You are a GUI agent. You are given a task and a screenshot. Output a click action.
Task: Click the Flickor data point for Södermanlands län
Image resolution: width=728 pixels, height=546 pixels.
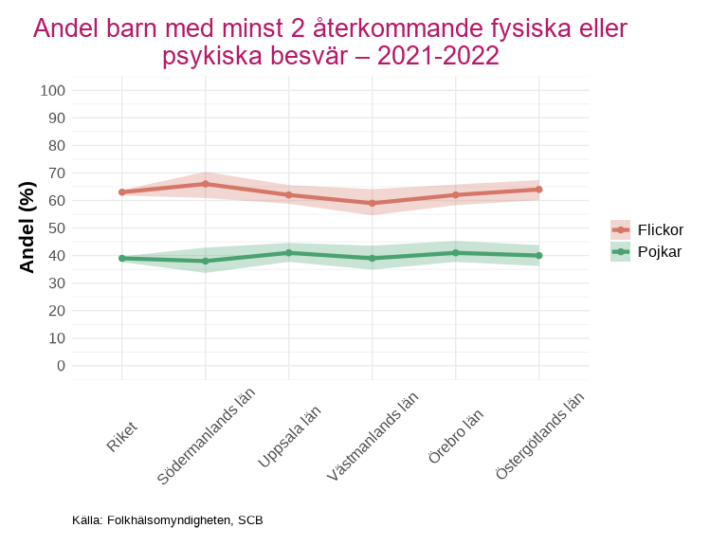[x=206, y=184]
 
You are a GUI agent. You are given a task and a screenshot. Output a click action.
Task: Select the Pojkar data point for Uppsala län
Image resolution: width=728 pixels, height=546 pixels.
[x=289, y=253]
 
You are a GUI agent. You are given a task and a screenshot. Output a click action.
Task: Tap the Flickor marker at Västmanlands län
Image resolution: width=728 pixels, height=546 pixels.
[x=373, y=203]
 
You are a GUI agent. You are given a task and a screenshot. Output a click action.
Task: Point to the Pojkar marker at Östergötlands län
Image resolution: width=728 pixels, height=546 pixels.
[x=539, y=255]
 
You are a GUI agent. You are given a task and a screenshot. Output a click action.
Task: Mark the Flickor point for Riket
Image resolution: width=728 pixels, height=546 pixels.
[x=122, y=192]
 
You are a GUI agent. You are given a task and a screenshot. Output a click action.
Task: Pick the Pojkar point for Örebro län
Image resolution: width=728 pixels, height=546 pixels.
[x=456, y=253]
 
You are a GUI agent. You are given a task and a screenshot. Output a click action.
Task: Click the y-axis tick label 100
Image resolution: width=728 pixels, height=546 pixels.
[x=53, y=91]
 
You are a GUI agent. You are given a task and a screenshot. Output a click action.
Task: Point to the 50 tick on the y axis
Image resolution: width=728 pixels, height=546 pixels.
[x=57, y=228]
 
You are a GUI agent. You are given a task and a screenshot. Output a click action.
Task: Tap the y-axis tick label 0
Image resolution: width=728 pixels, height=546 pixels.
[x=61, y=366]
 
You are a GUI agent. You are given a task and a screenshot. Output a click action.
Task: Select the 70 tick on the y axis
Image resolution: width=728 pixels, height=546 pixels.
[x=57, y=173]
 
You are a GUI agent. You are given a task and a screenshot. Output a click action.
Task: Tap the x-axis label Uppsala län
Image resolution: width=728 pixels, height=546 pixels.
[x=290, y=437]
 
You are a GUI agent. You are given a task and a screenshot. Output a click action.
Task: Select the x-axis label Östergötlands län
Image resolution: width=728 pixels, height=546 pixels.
[x=539, y=438]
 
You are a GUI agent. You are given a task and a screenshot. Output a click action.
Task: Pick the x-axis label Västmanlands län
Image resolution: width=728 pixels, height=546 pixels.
[x=373, y=438]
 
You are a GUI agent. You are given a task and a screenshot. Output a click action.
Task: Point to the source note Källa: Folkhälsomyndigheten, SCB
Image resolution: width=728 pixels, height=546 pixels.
[x=168, y=520]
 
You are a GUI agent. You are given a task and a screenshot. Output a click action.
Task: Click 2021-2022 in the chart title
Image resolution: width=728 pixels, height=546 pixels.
[x=437, y=57]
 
